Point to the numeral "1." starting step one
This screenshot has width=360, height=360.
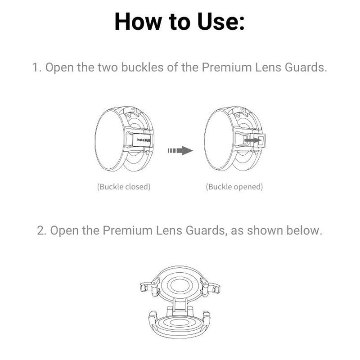coord(37,68)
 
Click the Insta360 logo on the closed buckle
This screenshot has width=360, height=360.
coord(142,140)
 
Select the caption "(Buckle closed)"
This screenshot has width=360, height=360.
coord(124,186)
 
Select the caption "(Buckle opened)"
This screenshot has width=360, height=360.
coord(234,186)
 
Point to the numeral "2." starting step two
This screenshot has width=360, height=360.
coord(42,231)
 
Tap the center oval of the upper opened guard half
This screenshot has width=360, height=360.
coord(180,285)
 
